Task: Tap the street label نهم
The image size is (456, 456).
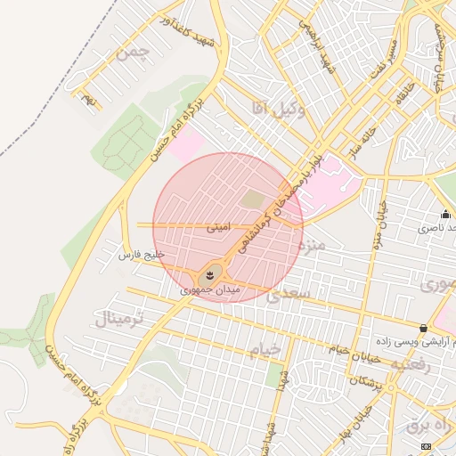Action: pos(87,101)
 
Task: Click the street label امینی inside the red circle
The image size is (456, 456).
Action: pos(218,227)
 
